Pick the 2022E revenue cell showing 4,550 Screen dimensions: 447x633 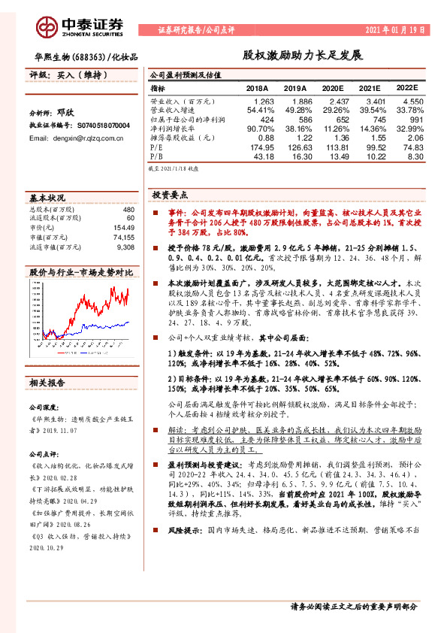click(412, 101)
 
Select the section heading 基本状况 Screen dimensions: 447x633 click(47, 198)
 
